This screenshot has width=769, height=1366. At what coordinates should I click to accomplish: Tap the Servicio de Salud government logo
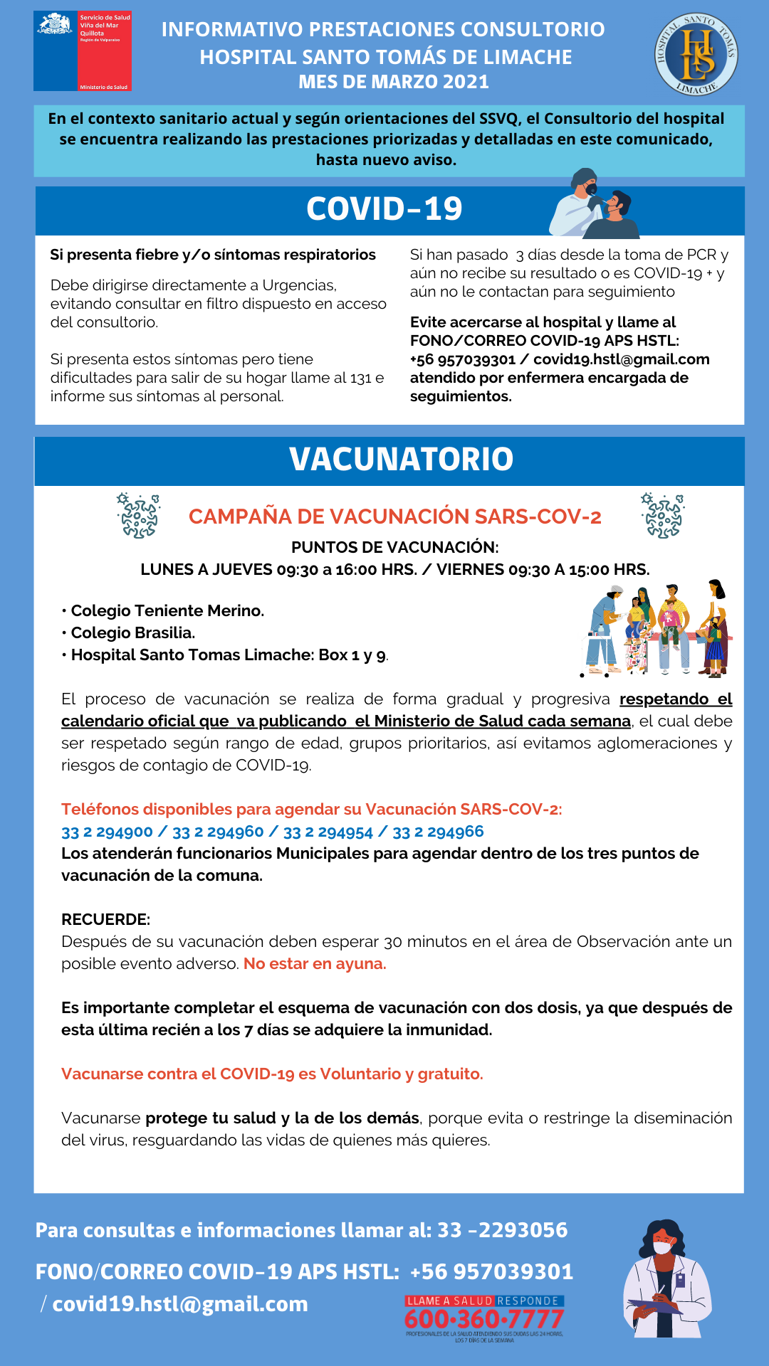(83, 51)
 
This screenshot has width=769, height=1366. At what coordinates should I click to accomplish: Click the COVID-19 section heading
(384, 209)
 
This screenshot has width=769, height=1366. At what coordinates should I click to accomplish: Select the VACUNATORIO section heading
(401, 460)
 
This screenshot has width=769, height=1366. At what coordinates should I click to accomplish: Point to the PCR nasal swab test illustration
(595, 203)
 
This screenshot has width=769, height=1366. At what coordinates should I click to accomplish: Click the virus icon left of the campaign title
(138, 516)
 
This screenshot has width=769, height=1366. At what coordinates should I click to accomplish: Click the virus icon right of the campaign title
(662, 516)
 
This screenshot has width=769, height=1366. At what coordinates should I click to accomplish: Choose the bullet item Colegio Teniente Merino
(167, 610)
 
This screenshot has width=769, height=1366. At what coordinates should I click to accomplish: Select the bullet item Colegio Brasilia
(132, 632)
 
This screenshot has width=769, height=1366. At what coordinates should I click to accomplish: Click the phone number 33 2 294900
(107, 832)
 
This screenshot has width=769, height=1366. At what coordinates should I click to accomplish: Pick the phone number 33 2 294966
(438, 832)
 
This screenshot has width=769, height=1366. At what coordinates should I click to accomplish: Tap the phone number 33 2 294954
(328, 832)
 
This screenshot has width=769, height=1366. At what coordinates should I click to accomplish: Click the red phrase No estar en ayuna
(315, 964)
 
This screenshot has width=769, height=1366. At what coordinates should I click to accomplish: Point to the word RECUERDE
(105, 919)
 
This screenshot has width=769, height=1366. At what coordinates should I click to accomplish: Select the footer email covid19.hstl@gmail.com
(180, 1304)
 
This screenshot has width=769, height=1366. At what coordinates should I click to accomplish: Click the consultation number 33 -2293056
(502, 1230)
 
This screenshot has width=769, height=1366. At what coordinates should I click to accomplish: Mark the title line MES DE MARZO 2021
(394, 82)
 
